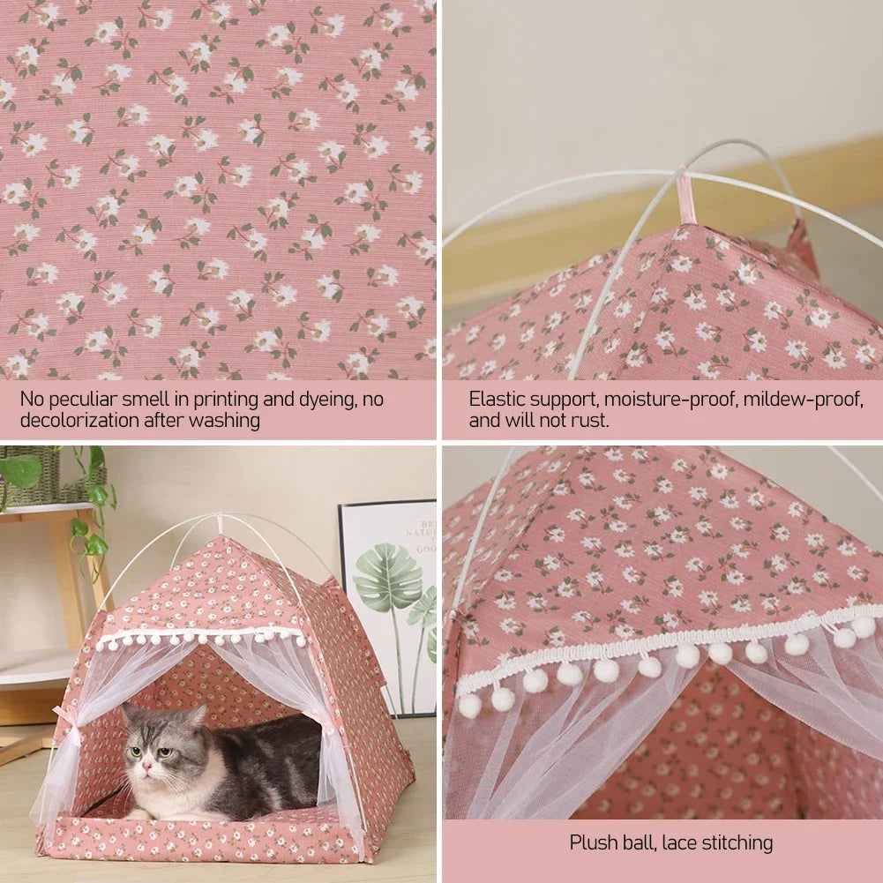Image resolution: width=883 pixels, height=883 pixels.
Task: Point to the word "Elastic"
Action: pyautogui.click(x=497, y=400)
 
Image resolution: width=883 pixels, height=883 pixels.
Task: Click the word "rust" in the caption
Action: pyautogui.click(x=590, y=421)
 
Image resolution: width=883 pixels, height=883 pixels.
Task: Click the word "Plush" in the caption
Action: pyautogui.click(x=595, y=842)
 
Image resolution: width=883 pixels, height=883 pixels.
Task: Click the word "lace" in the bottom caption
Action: pyautogui.click(x=669, y=842)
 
